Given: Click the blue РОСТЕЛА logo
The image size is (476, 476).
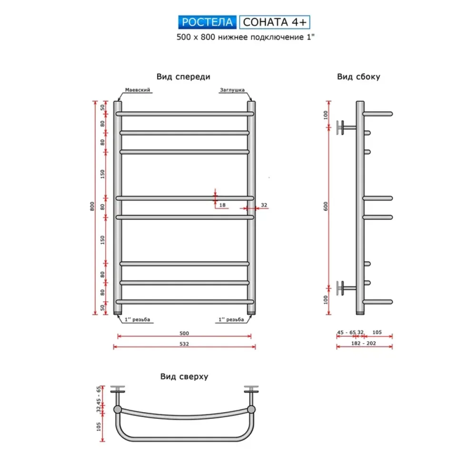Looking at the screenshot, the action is pos(208,22).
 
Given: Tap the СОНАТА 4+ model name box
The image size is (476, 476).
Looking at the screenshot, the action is pos(275,22).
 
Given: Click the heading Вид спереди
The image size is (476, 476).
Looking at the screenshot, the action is pos(183,77).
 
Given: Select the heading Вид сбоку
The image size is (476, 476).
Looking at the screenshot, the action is pos(358,77).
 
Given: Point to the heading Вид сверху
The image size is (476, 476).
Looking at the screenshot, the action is pos(184,377).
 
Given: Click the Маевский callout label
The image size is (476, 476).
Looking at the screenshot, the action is pos(138,90).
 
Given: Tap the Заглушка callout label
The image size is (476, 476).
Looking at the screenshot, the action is pos(232,90).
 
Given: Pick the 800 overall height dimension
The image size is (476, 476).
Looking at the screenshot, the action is pos(92,207).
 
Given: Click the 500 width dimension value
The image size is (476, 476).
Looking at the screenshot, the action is pos(184,333).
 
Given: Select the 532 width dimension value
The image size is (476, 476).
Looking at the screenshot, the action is pos(184,344).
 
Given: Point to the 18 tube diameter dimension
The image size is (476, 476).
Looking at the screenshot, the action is pos(222,205).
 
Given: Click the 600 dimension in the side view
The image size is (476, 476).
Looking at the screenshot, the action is pos(326,207).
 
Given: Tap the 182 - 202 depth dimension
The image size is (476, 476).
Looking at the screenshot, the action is pos(364,343).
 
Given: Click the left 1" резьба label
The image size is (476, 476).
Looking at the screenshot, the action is pos(137,320).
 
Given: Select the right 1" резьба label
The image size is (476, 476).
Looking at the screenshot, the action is pos(231,320).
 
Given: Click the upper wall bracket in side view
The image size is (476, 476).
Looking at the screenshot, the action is pos(346,128).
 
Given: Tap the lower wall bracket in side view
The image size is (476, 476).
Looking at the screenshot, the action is pos(346,288).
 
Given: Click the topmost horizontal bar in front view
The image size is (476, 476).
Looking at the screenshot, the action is pos(185,114).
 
